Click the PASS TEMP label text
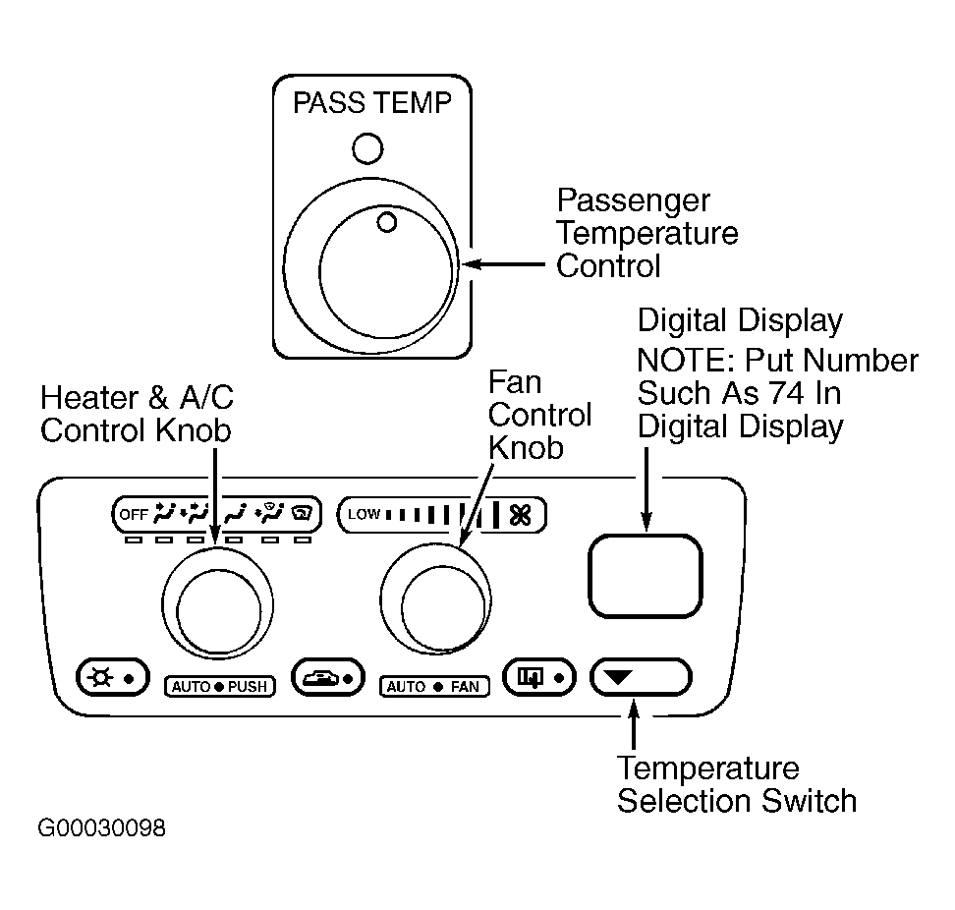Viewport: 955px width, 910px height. pos(371,102)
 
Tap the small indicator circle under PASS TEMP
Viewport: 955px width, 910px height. pos(367,148)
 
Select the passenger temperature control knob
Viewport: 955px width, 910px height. pos(371,265)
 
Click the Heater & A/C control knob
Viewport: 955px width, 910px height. pos(217,603)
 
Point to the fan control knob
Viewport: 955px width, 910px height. pos(436,599)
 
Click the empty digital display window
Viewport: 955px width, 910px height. pos(645,576)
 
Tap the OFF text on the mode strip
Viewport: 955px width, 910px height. pos(134,515)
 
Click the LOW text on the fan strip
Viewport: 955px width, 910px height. pos(365,515)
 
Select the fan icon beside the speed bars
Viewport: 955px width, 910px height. pos(521,515)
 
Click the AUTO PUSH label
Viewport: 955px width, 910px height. pos(220,687)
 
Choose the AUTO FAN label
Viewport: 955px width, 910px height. pos(434,687)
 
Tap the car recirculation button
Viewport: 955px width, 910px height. pos(328,677)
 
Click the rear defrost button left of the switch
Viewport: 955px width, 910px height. pos(539,677)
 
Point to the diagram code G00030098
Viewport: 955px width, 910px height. pos(102,828)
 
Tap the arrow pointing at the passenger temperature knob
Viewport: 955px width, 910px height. pos(503,264)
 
